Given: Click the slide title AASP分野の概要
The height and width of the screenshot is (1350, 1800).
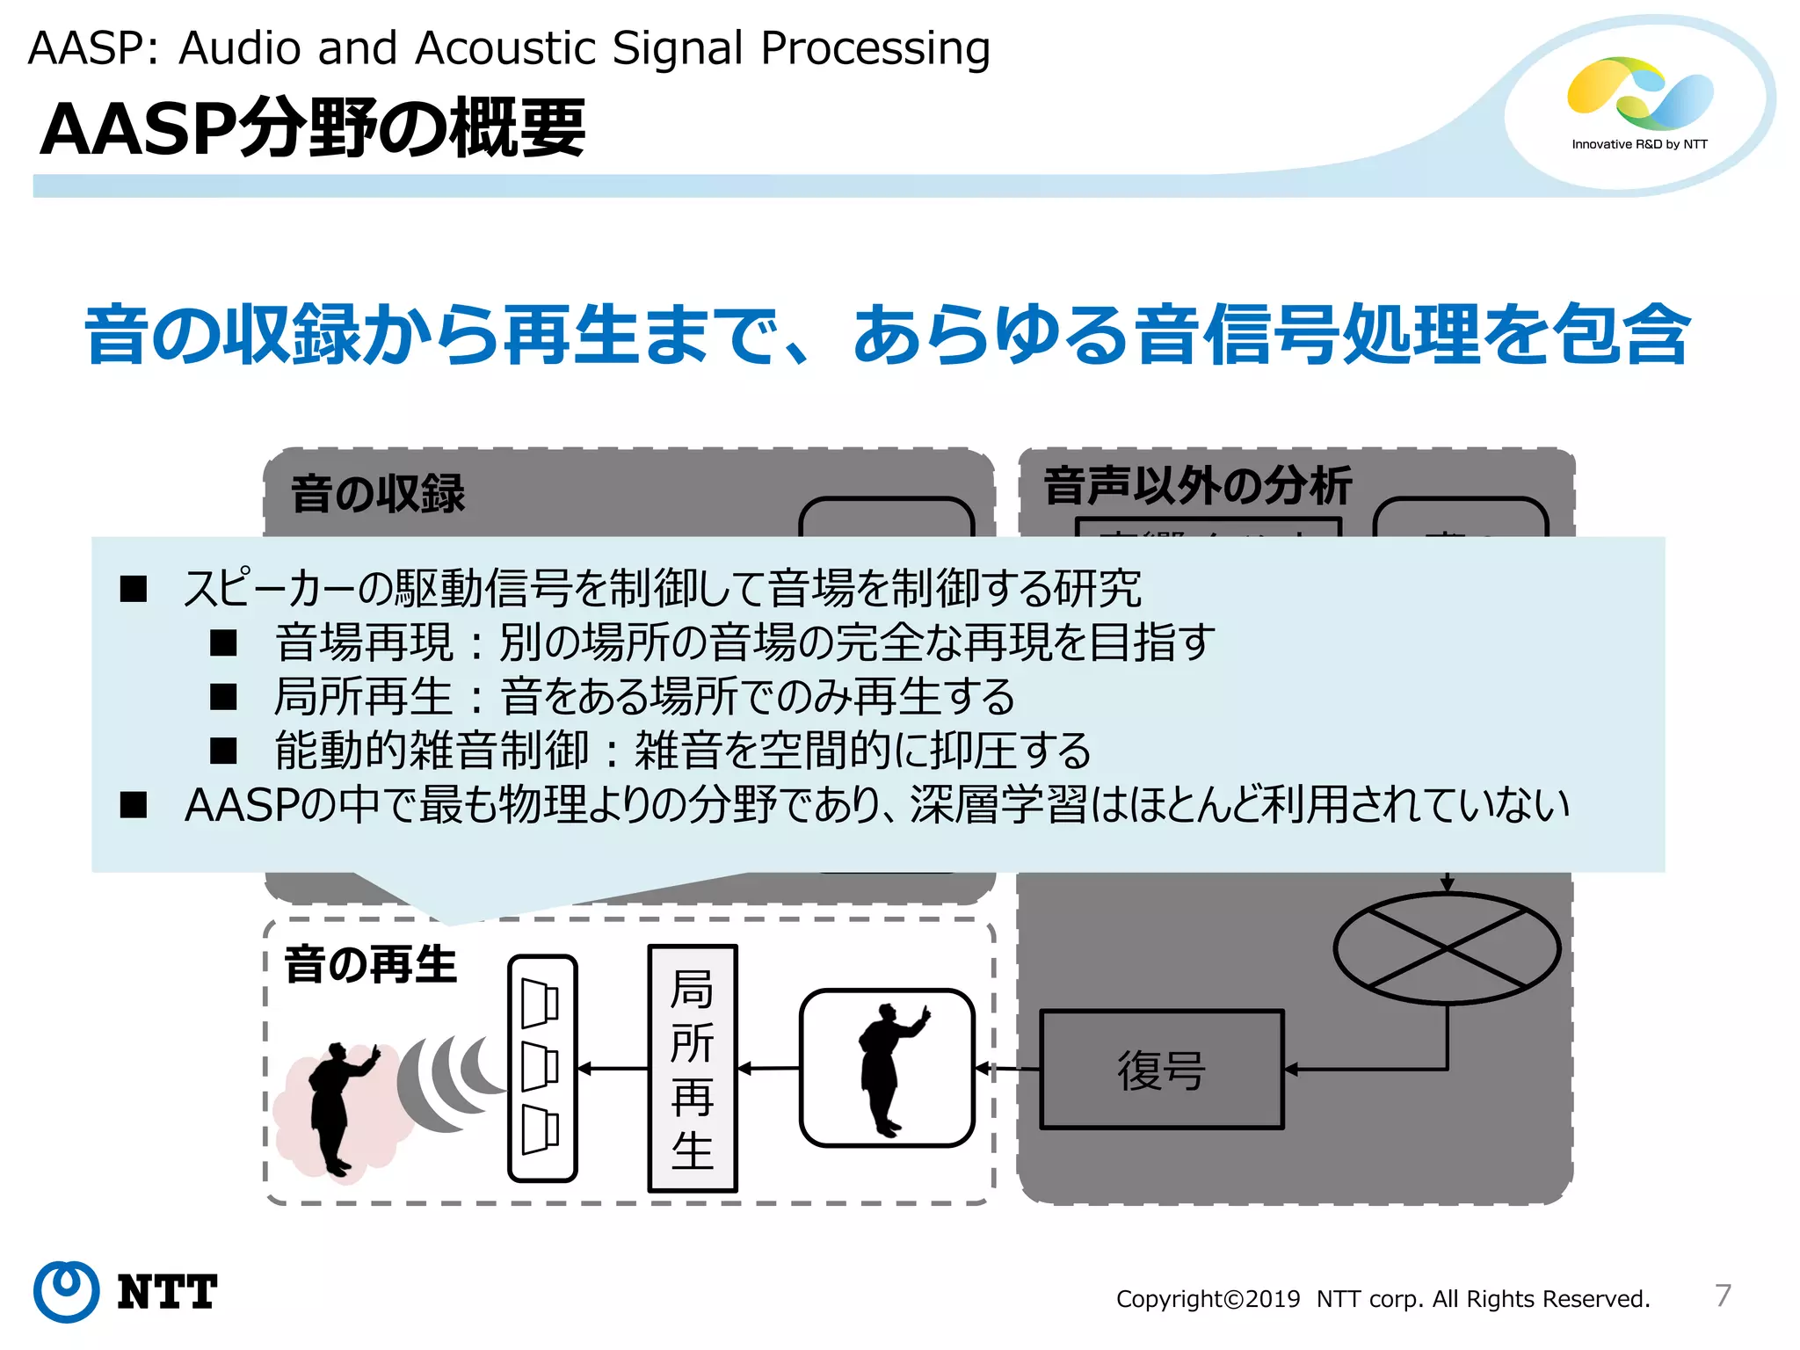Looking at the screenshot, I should click(x=312, y=129).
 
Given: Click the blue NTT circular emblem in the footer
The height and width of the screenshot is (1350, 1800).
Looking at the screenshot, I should click(x=66, y=1291).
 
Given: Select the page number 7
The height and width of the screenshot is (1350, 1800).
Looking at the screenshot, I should click(x=1723, y=1296).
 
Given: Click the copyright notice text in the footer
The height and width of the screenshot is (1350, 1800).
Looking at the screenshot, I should click(x=1383, y=1299).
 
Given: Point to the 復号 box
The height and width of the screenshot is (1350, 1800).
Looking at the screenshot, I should click(x=1161, y=1070).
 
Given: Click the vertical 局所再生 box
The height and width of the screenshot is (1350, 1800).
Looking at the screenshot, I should click(x=693, y=1069).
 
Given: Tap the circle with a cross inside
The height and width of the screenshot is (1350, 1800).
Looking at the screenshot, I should click(x=1447, y=948).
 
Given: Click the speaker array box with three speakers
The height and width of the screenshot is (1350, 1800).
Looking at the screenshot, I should click(x=542, y=1068).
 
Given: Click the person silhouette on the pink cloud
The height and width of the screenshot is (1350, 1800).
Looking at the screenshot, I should click(x=338, y=1107).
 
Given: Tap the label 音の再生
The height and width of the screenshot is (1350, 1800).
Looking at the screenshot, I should click(x=370, y=965).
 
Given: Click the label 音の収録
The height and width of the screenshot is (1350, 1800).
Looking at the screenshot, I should click(x=378, y=494).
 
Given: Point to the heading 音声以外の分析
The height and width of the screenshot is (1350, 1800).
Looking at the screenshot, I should click(x=1196, y=486).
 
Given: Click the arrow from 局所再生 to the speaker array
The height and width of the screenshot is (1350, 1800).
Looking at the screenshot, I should click(x=613, y=1069).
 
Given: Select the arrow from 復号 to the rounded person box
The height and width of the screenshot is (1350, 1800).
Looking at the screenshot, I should click(x=1007, y=1069).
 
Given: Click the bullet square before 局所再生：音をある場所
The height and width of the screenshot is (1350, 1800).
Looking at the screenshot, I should click(x=224, y=698).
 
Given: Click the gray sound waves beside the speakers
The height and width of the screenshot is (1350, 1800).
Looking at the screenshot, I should click(x=448, y=1081).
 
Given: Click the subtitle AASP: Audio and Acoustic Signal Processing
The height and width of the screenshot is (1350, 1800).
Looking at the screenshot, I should click(x=509, y=47).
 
